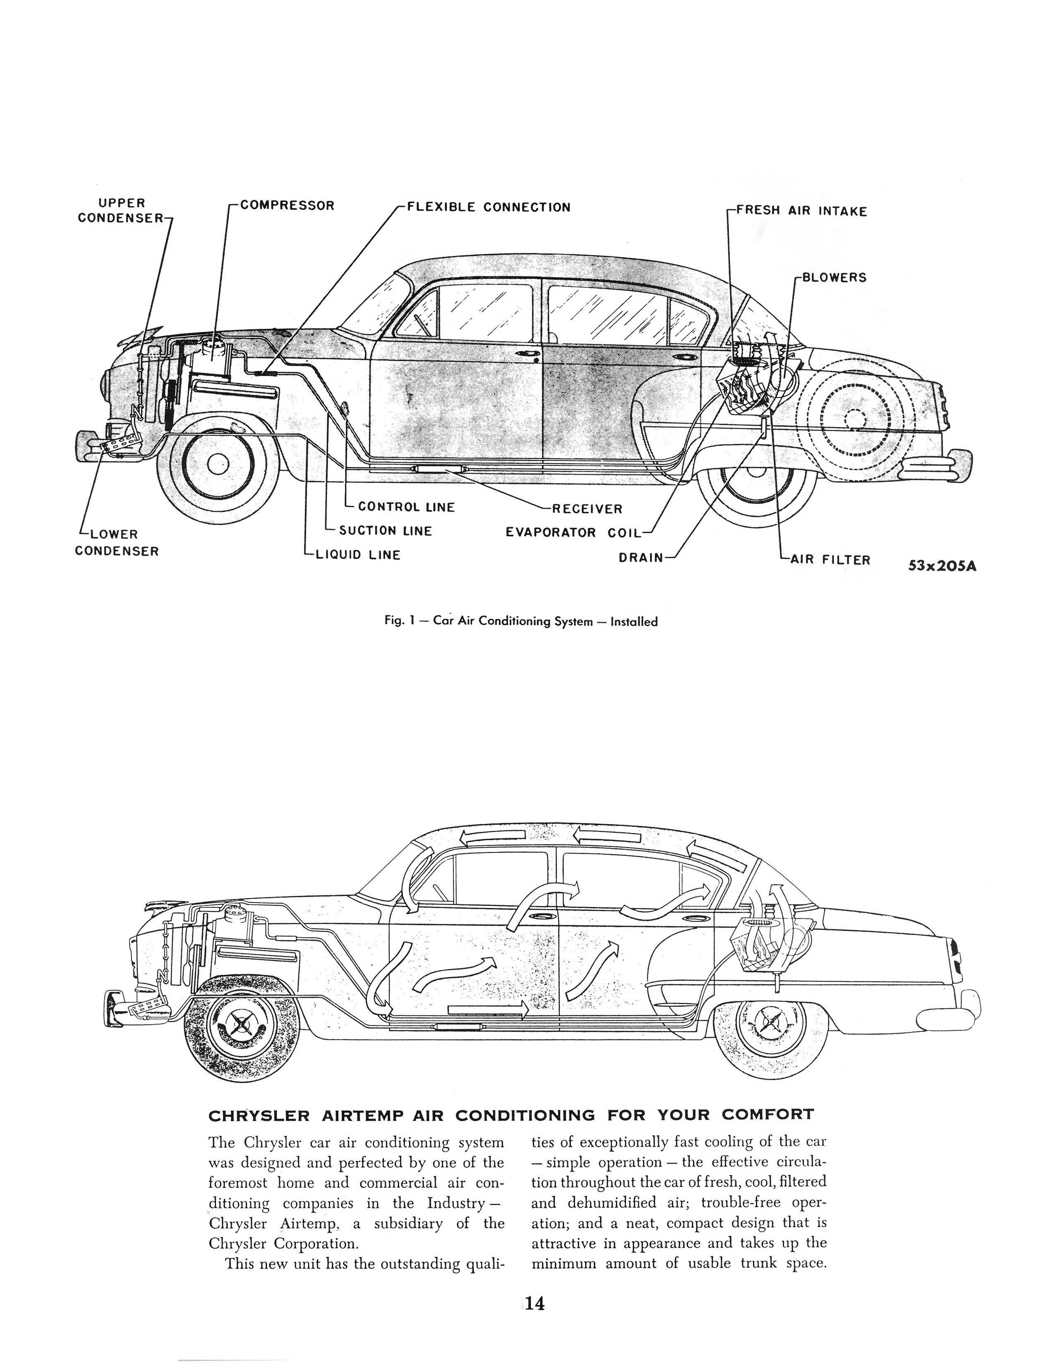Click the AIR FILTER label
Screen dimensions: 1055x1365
tap(830, 559)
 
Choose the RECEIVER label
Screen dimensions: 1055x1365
tap(587, 509)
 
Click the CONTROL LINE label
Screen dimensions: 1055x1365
tap(406, 507)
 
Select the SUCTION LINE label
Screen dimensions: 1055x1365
tap(385, 531)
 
